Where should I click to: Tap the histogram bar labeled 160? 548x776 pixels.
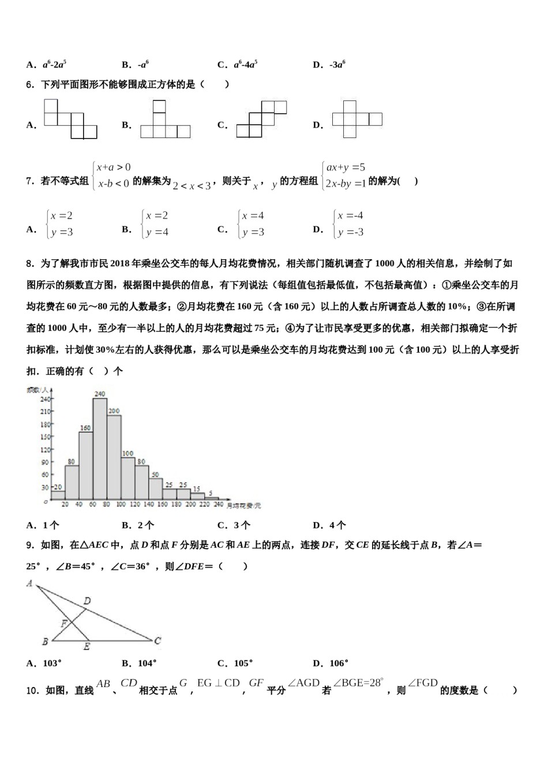coord(86,465)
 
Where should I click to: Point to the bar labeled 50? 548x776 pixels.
coord(155,488)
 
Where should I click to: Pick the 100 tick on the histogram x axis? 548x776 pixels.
coord(121,505)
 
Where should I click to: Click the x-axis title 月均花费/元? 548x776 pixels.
coord(243,506)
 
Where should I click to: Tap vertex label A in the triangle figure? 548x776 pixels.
coord(29,584)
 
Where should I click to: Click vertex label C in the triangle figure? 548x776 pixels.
coord(157,640)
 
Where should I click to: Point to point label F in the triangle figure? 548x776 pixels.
coord(64,624)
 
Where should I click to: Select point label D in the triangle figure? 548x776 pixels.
coord(87,601)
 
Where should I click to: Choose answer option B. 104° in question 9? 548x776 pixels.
coord(139,663)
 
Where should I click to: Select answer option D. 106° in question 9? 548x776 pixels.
coord(331,663)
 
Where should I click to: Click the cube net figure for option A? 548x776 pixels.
coord(70,120)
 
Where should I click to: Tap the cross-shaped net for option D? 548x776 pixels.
coord(356,120)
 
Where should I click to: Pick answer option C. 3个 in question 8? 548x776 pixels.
coord(234,525)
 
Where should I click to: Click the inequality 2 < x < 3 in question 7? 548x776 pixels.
coord(192,186)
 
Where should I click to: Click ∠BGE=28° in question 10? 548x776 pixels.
coord(358,683)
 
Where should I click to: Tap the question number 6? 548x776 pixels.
coord(29,85)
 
